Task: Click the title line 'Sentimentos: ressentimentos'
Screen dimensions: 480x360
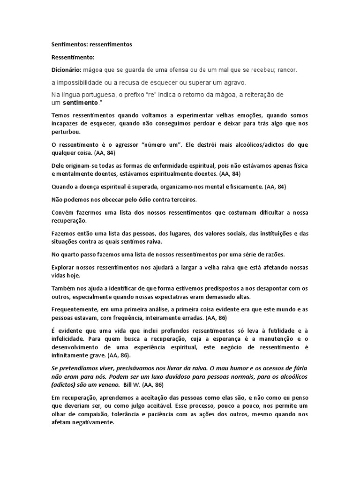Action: click(x=91, y=45)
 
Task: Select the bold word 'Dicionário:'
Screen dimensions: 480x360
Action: click(x=66, y=70)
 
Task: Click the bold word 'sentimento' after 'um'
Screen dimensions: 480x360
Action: click(x=80, y=102)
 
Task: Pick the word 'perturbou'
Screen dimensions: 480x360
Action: click(x=66, y=132)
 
